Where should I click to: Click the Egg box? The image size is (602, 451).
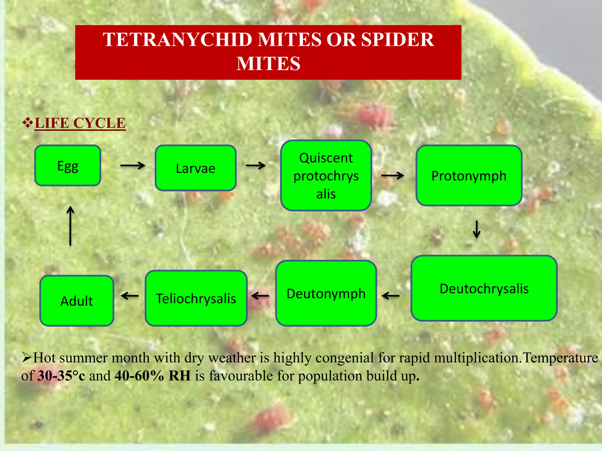(68, 166)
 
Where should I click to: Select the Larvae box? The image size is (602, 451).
(195, 168)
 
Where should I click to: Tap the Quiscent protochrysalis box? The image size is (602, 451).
(326, 176)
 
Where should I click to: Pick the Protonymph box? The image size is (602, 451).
(469, 176)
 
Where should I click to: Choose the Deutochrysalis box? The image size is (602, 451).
(484, 288)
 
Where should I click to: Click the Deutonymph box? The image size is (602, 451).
(326, 293)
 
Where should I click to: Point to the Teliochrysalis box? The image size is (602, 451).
(196, 298)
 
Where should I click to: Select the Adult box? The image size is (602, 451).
(77, 301)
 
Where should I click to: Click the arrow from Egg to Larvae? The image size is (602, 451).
(133, 166)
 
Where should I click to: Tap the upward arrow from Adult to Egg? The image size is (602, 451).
(70, 225)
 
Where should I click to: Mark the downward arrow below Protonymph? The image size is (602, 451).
(476, 229)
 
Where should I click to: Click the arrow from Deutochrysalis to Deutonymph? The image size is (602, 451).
(391, 296)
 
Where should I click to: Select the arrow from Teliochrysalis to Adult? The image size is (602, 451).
(130, 296)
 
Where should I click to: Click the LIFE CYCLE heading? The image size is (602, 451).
(80, 123)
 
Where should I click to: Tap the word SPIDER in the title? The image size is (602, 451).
(397, 40)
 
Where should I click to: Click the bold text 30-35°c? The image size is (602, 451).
(61, 376)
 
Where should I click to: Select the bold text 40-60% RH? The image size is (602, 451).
(153, 376)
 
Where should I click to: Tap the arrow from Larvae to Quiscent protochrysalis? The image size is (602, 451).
(256, 166)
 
